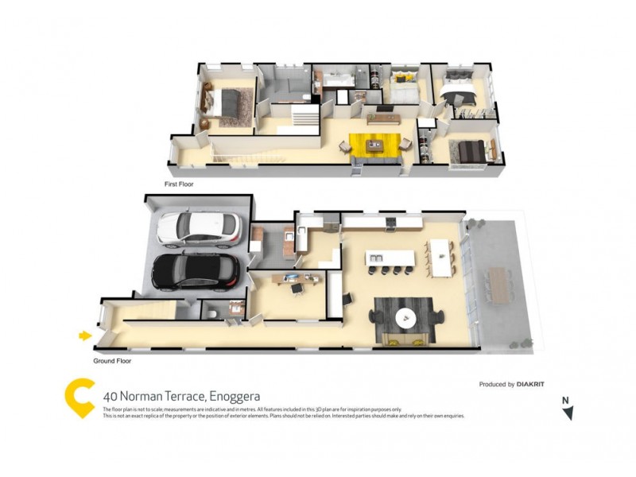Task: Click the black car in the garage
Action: pos(195,271)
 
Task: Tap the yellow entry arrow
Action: pos(85,336)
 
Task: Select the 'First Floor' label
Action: pos(179,184)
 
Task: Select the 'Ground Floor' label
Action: pos(113,360)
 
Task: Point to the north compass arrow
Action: pos(568,413)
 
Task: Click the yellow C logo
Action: pos(79,397)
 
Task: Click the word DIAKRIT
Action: pos(530,385)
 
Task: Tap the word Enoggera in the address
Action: pos(235,396)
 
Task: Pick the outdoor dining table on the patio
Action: pos(498,283)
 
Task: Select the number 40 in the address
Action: pos(111,396)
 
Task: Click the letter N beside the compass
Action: pos(564,400)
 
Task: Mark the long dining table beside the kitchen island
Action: pos(439,255)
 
